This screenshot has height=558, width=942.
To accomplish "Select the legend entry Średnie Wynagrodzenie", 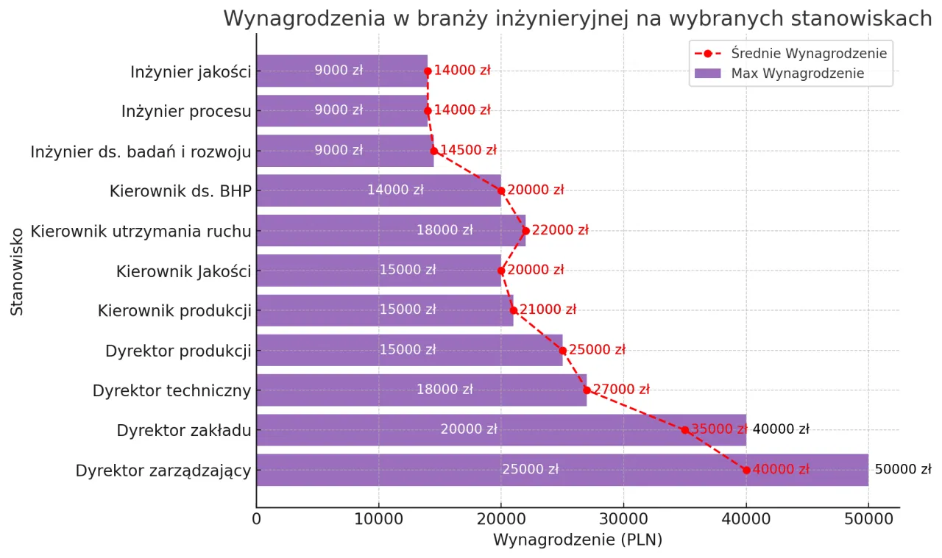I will (808, 54).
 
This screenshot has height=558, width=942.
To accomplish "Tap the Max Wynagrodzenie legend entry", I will (797, 74).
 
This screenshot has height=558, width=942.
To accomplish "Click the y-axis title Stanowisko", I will (18, 271).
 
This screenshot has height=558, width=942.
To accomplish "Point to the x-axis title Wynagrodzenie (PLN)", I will (577, 540).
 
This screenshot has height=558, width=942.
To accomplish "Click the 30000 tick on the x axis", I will (623, 519).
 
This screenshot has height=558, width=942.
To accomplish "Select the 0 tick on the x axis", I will (257, 519).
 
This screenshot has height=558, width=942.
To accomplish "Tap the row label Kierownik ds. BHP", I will (180, 191).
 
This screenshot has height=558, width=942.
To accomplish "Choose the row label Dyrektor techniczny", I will (171, 390).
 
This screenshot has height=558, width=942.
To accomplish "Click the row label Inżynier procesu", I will (186, 112).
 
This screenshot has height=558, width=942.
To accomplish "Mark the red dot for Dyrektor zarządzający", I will (746, 470).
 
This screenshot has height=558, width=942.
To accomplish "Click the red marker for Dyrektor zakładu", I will (685, 430).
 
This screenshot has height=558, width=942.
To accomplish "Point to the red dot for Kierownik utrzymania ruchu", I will (525, 231).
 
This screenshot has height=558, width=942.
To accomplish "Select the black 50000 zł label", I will (903, 470).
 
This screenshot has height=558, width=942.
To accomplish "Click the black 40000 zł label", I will (780, 430).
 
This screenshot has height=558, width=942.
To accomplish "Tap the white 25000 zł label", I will (530, 470).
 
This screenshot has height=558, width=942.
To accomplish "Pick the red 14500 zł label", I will (468, 151).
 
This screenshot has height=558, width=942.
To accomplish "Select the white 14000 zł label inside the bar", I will (395, 190).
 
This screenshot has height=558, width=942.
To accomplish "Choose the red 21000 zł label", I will (548, 310).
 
